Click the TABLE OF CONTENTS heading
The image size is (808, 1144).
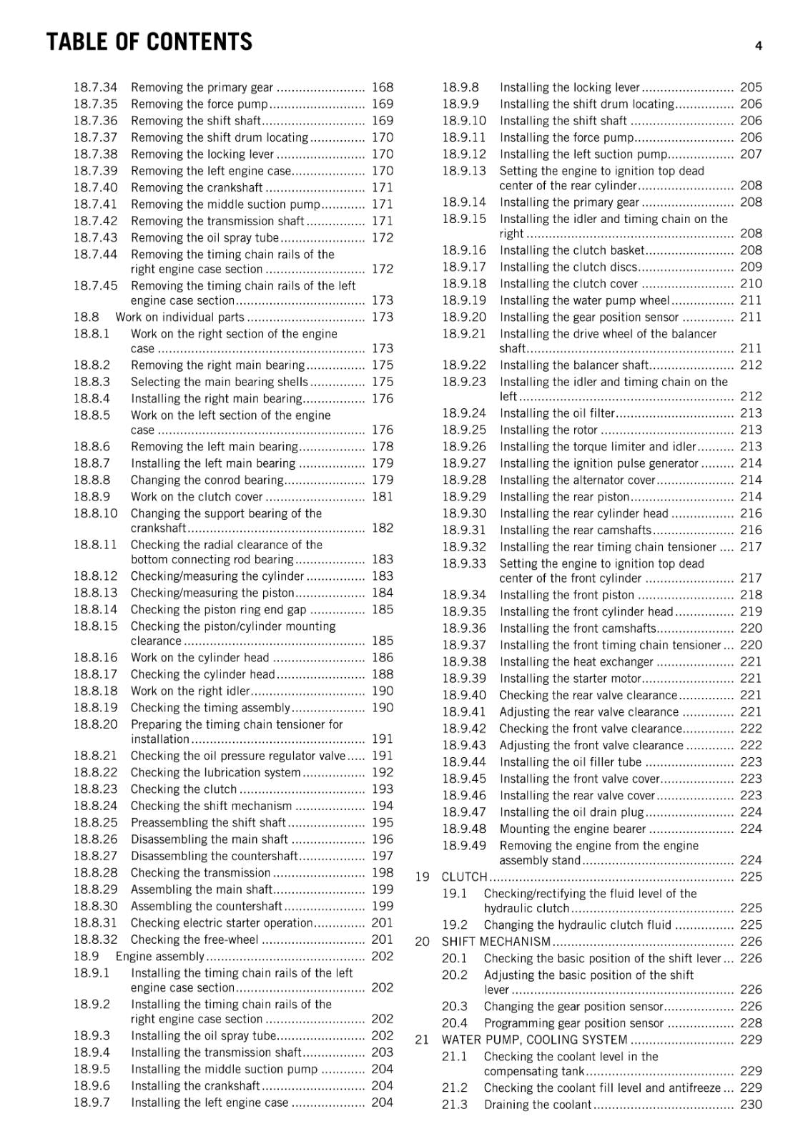coord(149,42)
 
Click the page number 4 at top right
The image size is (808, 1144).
coord(758,46)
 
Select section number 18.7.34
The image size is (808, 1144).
coord(95,87)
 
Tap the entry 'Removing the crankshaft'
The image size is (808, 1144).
coord(197,187)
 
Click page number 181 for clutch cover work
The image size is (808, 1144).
coord(383,497)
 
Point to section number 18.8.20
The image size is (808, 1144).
coord(95,724)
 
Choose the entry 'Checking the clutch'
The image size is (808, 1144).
coord(184,789)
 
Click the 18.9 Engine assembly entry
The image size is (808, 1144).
coord(160,957)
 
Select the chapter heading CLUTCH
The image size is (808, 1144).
coord(464,877)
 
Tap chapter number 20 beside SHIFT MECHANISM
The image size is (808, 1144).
coord(423,942)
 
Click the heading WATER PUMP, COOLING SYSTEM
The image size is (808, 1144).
coord(534,1040)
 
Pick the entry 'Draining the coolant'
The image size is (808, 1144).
coord(538,1105)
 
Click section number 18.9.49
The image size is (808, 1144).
coord(463,846)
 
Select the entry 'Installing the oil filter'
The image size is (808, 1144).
coord(557,413)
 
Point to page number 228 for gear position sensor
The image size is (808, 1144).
coord(751,1023)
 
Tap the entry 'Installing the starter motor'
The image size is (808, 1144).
coord(570,679)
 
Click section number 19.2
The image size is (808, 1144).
coord(454,925)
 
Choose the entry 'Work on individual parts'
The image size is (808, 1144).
coord(179,317)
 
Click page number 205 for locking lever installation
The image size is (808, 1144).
coord(751,87)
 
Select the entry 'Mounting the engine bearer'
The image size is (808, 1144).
coord(573,829)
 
